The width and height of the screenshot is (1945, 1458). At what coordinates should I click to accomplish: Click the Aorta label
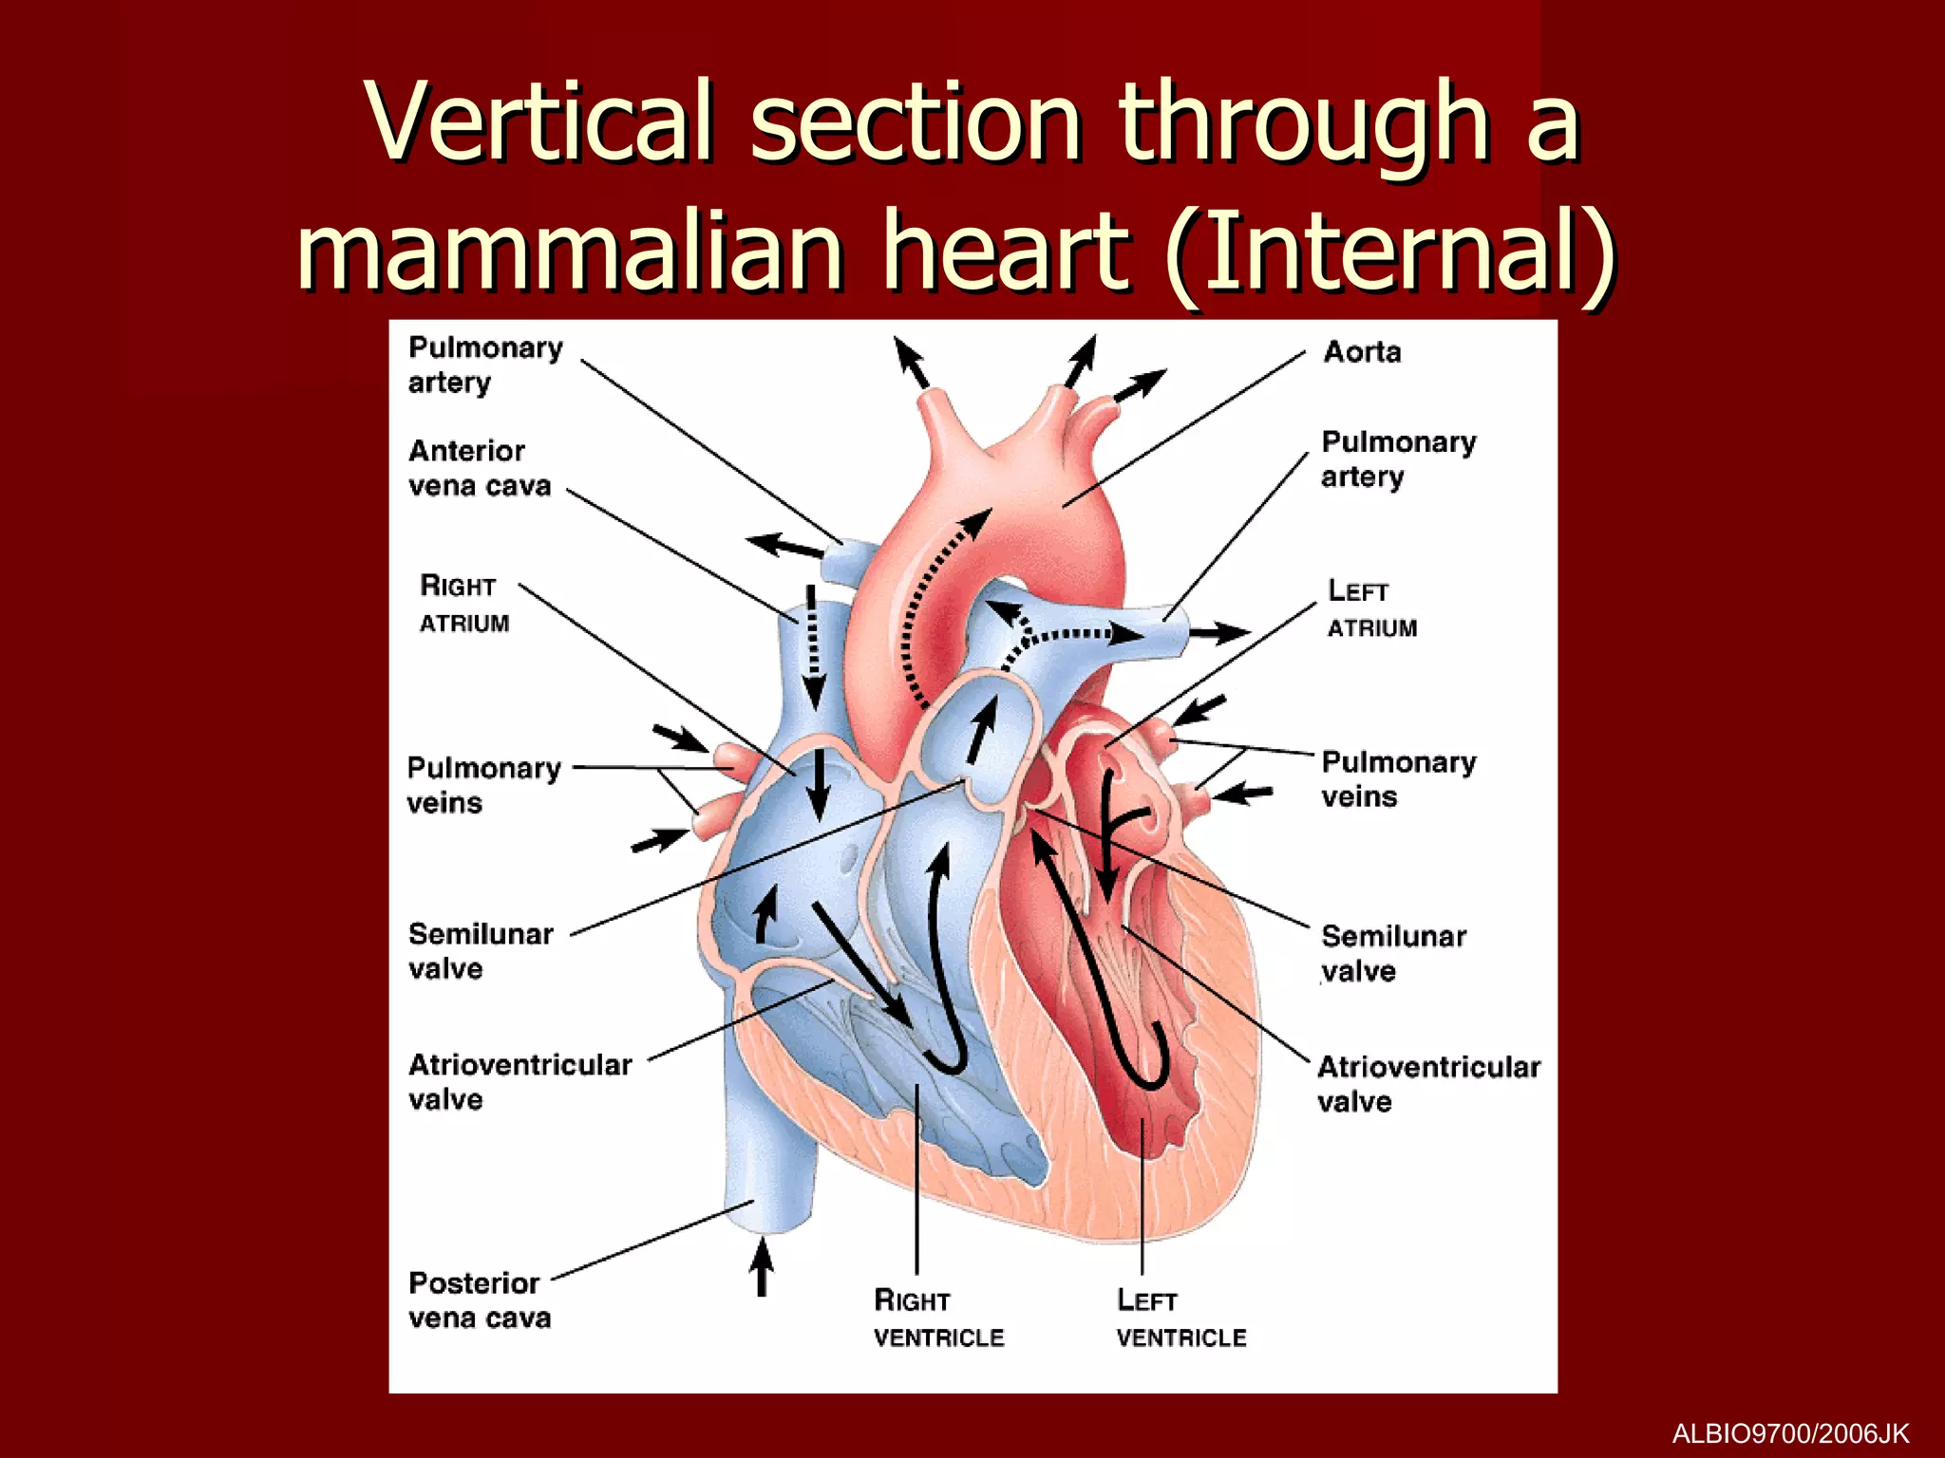pos(1362,352)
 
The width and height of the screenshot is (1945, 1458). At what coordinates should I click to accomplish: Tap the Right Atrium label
pos(463,604)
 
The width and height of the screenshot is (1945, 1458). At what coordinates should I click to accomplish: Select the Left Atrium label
pos(1371,608)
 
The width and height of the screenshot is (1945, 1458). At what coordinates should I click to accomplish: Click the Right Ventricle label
pos(937,1318)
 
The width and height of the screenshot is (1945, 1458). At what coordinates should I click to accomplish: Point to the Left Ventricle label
pos(1180,1318)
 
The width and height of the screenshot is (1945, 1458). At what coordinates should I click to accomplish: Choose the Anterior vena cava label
pos(479,468)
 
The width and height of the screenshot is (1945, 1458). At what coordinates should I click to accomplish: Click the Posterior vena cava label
pos(479,1300)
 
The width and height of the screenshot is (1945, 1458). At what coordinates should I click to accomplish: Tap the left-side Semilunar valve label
pos(480,951)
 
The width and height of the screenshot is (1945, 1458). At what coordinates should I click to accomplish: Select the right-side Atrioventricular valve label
pos(1427,1083)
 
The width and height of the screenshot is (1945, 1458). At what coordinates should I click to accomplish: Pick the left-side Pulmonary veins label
pos(482,785)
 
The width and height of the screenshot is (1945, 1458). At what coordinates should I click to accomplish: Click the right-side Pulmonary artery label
pos(1398,458)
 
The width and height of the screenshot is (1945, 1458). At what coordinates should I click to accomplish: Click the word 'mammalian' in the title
pos(570,249)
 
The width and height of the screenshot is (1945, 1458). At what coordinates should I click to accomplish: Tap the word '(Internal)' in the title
pos(1390,249)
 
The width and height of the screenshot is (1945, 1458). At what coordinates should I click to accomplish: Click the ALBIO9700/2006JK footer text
pos(1789,1433)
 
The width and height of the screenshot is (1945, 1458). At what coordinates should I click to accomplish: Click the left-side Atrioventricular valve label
pos(519,1082)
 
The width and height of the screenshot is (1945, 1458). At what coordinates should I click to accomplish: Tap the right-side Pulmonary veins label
pos(1398,779)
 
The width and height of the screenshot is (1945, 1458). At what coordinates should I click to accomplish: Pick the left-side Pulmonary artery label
pos(484,364)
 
